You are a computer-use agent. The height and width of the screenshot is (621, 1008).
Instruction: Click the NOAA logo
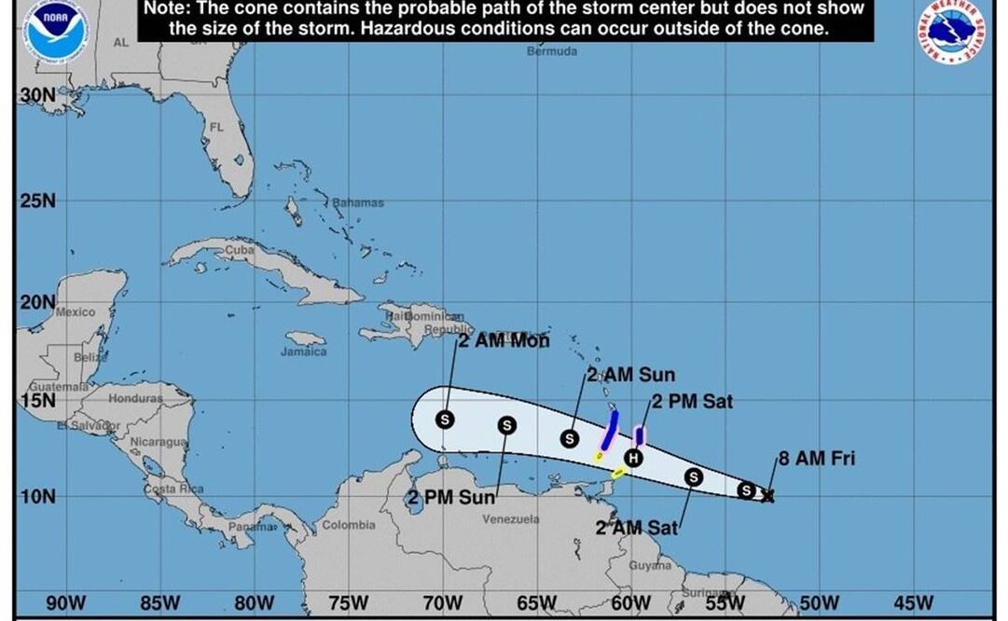pyautogui.click(x=56, y=30)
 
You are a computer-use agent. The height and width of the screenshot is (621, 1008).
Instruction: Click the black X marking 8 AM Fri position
pyautogui.click(x=767, y=496)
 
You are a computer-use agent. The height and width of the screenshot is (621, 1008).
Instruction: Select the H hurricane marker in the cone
pyautogui.click(x=634, y=457)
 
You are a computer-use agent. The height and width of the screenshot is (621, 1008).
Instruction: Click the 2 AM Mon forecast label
pyautogui.click(x=504, y=341)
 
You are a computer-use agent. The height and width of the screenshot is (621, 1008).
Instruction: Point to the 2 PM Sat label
pyautogui.click(x=692, y=402)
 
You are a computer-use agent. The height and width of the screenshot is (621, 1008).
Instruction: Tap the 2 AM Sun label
pyautogui.click(x=630, y=375)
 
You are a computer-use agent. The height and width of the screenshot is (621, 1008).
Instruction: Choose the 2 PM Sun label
pyautogui.click(x=451, y=497)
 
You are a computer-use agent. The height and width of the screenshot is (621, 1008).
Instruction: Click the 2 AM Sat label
pyautogui.click(x=637, y=528)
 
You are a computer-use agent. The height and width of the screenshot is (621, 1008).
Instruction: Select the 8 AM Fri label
pyautogui.click(x=816, y=458)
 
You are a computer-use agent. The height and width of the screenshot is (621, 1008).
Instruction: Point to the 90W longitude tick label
pyautogui.click(x=66, y=603)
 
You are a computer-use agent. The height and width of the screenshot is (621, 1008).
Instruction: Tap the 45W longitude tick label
pyautogui.click(x=914, y=603)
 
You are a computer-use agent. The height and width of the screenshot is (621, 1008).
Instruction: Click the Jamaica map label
pyautogui.click(x=304, y=352)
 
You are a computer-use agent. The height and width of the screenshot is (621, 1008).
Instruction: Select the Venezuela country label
pyautogui.click(x=510, y=518)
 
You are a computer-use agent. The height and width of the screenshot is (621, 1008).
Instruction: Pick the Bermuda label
pyautogui.click(x=552, y=51)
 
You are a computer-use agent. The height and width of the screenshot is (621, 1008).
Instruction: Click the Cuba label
pyautogui.click(x=240, y=250)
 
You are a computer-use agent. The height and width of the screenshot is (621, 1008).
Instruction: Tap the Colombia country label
pyautogui.click(x=349, y=525)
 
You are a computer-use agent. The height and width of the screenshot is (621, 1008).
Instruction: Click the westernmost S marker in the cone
pyautogui.click(x=445, y=420)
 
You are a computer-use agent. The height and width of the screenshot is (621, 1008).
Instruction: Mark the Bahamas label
pyautogui.click(x=358, y=202)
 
